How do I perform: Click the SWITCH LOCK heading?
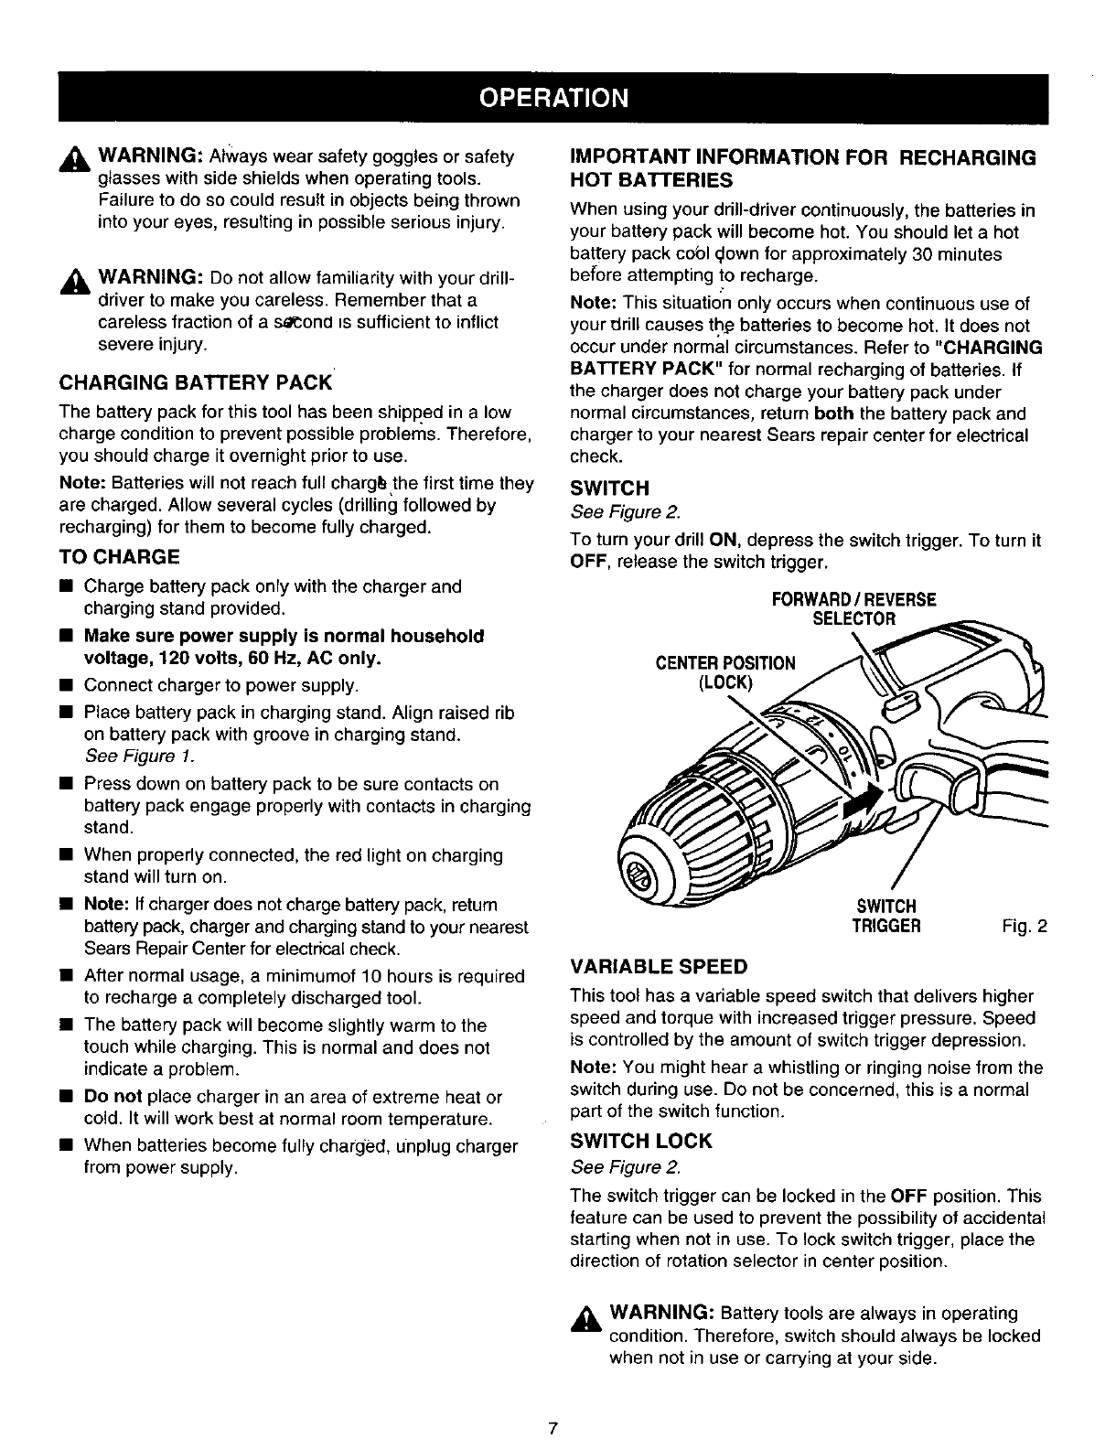pyautogui.click(x=639, y=1141)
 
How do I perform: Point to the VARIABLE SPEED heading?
pyautogui.click(x=658, y=967)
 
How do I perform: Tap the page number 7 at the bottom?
pyautogui.click(x=553, y=1428)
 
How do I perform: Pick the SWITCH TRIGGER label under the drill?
pyautogui.click(x=885, y=916)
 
